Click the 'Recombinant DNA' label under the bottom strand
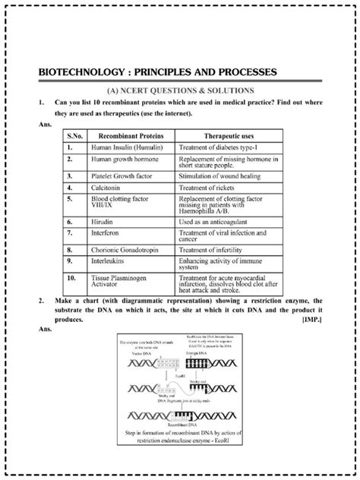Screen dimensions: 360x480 (179, 427)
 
